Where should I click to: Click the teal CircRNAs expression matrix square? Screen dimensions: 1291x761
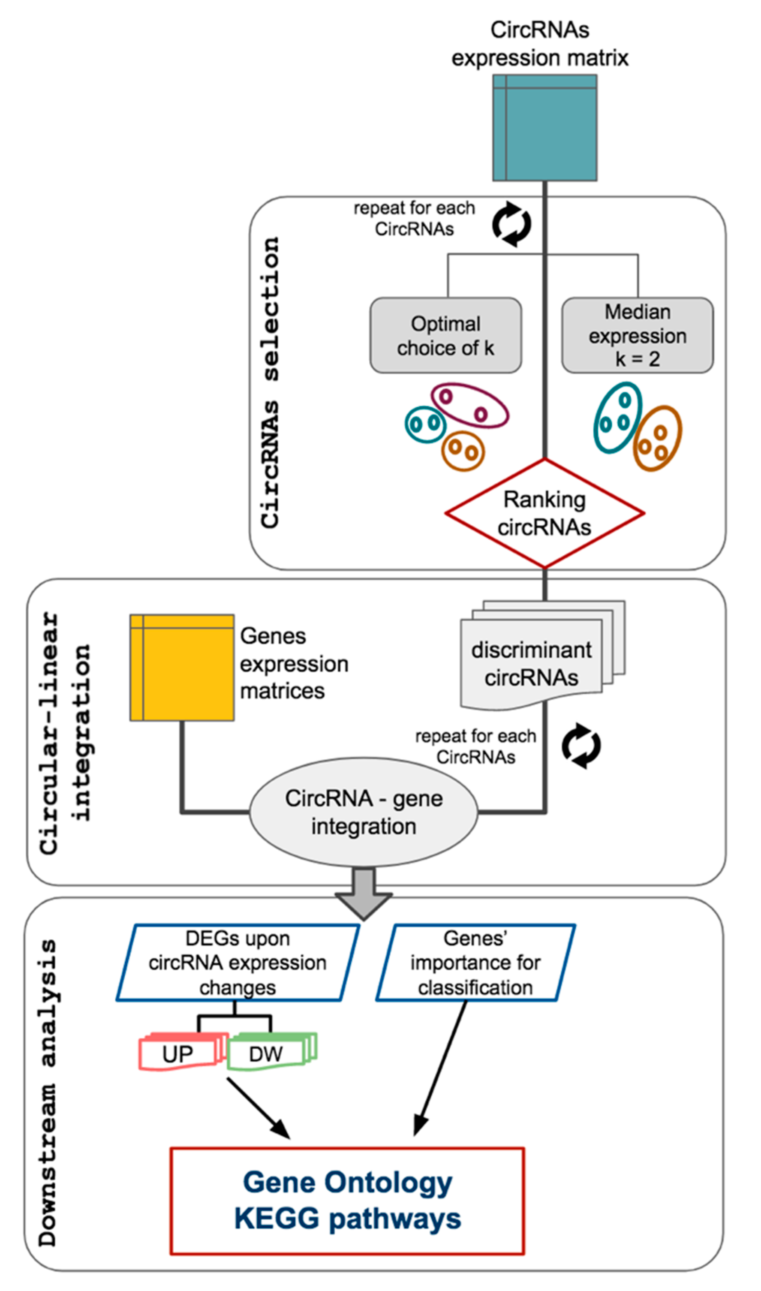544,128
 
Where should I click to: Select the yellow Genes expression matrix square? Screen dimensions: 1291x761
182,668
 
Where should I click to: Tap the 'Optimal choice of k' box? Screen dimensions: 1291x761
445,335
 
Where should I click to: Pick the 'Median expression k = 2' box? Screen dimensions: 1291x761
638,335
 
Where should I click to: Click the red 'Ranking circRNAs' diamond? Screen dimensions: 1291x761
544,513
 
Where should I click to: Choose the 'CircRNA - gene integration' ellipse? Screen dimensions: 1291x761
364,812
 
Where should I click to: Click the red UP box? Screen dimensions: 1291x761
178,1054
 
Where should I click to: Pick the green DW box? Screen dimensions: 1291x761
266,1054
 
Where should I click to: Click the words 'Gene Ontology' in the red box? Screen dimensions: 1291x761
347,1182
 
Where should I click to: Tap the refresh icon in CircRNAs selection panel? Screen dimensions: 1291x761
512,224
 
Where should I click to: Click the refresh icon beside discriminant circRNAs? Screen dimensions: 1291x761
581,746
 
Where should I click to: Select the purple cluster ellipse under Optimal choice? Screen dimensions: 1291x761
469,406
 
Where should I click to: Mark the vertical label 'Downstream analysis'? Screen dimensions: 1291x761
48,1092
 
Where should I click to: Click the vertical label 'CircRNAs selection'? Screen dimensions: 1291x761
270,382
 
